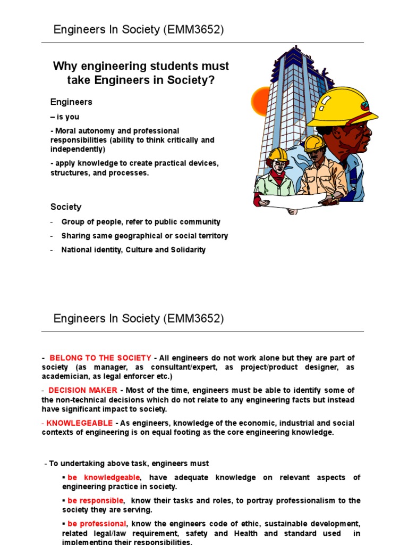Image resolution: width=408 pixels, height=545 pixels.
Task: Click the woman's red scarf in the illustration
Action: pos(277,176)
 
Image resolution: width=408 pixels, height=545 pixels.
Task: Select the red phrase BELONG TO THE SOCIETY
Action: pos(100,358)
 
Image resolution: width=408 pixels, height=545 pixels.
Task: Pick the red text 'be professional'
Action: pos(97,524)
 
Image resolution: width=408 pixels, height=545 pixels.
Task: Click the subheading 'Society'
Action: pos(66,207)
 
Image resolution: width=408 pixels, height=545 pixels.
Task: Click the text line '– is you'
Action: pos(65,117)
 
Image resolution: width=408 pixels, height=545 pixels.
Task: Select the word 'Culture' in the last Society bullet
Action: pos(139,250)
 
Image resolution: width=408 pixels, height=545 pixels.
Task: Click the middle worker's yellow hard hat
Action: pos(314,142)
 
